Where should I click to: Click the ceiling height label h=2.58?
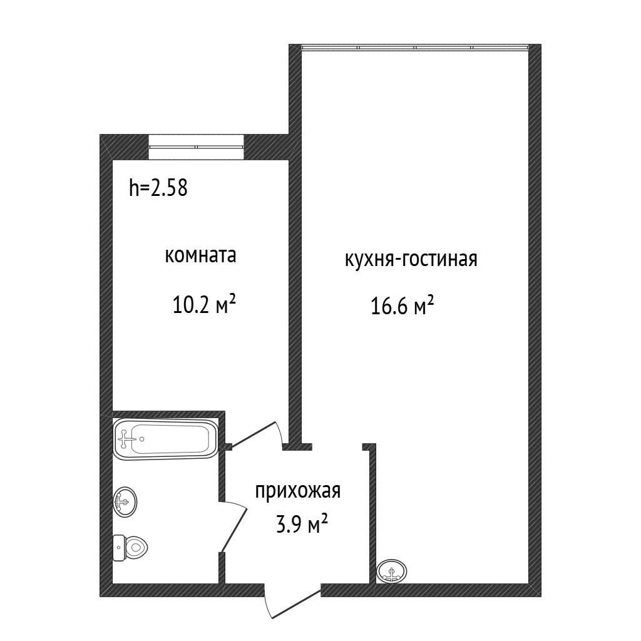(158, 187)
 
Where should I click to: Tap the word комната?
(200, 255)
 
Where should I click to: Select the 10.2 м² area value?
(204, 305)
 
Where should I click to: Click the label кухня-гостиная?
(411, 259)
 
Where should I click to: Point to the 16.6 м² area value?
(403, 307)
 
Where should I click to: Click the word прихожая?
(297, 491)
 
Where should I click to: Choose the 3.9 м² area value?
(302, 525)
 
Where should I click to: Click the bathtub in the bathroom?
(166, 439)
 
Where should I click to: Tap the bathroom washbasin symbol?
(125, 501)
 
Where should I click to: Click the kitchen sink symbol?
(392, 571)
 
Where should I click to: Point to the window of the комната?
(196, 146)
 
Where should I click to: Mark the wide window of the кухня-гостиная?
(414, 48)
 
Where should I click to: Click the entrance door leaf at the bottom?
(294, 602)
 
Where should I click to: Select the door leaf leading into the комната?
(254, 433)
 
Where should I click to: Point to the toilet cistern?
(118, 548)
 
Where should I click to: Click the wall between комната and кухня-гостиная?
(295, 282)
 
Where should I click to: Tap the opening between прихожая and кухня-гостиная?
(337, 447)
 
